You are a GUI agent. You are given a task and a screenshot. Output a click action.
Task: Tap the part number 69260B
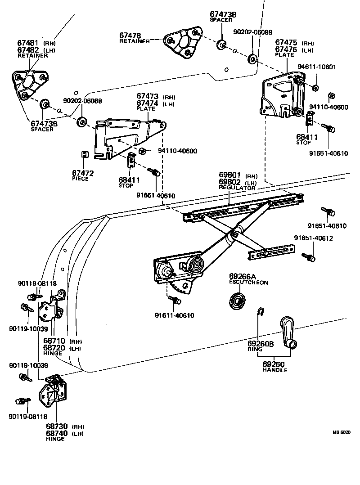[x=260, y=344]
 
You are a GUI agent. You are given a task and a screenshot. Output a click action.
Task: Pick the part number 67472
[x=83, y=173]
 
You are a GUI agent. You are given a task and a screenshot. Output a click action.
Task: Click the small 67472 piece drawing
[x=84, y=154]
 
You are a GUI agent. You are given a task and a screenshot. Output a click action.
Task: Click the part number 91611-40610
[x=175, y=315]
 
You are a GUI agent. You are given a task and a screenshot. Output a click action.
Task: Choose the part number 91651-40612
[x=314, y=238]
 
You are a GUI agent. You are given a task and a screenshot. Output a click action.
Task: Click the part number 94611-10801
[x=317, y=67]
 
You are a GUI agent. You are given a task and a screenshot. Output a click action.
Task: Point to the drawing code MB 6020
[x=341, y=432]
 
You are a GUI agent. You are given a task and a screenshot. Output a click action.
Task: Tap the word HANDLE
[x=275, y=370]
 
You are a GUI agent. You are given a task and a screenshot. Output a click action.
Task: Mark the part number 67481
[x=27, y=43]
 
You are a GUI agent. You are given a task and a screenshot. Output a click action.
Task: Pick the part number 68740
[x=56, y=433]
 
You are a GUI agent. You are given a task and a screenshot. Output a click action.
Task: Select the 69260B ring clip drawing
[x=260, y=312]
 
